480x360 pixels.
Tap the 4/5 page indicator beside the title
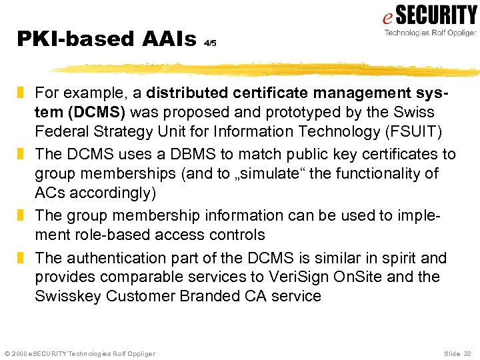pyautogui.click(x=210, y=43)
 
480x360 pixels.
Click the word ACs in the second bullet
pyautogui.click(x=48, y=193)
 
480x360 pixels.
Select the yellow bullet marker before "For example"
pyautogui.click(x=21, y=93)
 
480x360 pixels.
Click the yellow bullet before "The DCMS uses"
pyautogui.click(x=21, y=155)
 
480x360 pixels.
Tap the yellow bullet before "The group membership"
pyautogui.click(x=21, y=216)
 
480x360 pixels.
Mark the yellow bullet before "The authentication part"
pyautogui.click(x=21, y=258)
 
